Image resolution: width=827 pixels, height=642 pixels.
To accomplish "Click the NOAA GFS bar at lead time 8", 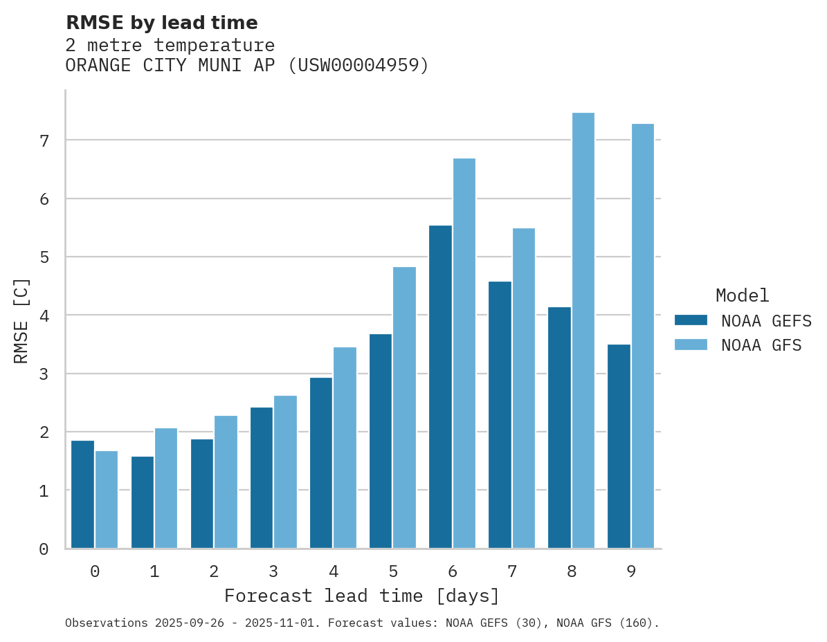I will click(x=583, y=331).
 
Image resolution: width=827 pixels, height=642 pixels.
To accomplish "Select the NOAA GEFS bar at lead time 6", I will click(x=440, y=387).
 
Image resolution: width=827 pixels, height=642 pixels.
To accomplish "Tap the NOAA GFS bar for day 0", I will click(x=107, y=499).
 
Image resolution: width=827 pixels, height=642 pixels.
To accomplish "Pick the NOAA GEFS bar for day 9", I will click(x=619, y=446).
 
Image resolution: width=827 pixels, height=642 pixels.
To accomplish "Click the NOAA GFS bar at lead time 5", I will click(x=405, y=407).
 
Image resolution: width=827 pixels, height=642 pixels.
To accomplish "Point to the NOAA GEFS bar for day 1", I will click(x=143, y=502).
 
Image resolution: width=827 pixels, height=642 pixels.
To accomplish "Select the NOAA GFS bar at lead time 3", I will click(x=285, y=472).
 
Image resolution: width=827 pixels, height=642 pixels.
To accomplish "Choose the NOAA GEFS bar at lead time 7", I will click(x=500, y=415).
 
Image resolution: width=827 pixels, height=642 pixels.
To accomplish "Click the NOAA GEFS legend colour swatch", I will click(x=691, y=320).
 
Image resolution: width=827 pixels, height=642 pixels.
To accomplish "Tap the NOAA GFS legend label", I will click(x=761, y=345).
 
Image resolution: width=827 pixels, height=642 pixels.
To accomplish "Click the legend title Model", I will click(x=742, y=295).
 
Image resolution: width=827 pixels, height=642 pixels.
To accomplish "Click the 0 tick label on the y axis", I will click(x=44, y=549).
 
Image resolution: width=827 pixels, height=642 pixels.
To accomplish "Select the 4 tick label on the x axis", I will click(x=334, y=572).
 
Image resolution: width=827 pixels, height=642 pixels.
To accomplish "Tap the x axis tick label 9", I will click(x=631, y=572).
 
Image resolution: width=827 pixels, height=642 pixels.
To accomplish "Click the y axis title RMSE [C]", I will click(x=22, y=320).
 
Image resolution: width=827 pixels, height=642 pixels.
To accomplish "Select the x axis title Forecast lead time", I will click(x=361, y=596).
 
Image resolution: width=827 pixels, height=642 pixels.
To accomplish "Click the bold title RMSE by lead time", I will click(x=161, y=23).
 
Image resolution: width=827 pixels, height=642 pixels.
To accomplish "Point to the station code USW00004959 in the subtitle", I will click(x=358, y=66).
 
